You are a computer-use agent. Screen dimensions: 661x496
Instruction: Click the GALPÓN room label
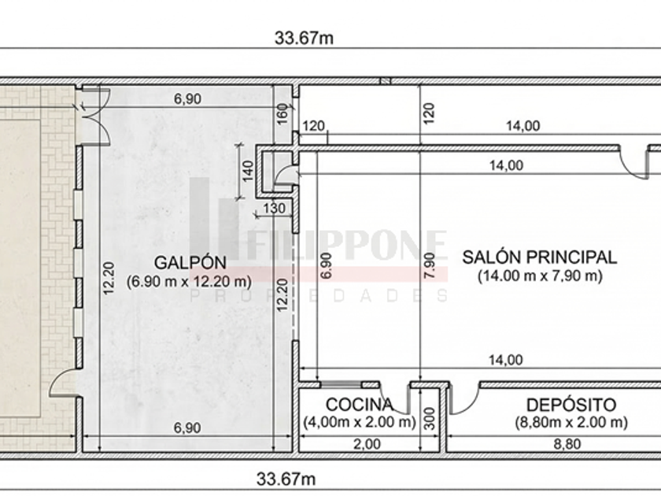(190, 263)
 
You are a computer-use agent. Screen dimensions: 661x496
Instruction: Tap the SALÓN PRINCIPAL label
(540, 257)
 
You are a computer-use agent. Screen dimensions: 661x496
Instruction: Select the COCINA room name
(360, 405)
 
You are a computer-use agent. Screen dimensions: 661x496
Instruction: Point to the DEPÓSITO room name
(571, 405)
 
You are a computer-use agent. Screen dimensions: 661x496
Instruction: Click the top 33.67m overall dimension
(304, 38)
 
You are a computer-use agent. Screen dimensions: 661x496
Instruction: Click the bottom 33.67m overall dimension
(286, 479)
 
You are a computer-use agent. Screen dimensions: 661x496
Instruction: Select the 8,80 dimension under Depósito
(567, 444)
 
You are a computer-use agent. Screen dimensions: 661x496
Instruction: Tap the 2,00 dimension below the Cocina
(367, 444)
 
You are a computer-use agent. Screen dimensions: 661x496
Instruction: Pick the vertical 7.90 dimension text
(429, 265)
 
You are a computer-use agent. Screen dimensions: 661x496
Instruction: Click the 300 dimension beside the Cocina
(429, 418)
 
